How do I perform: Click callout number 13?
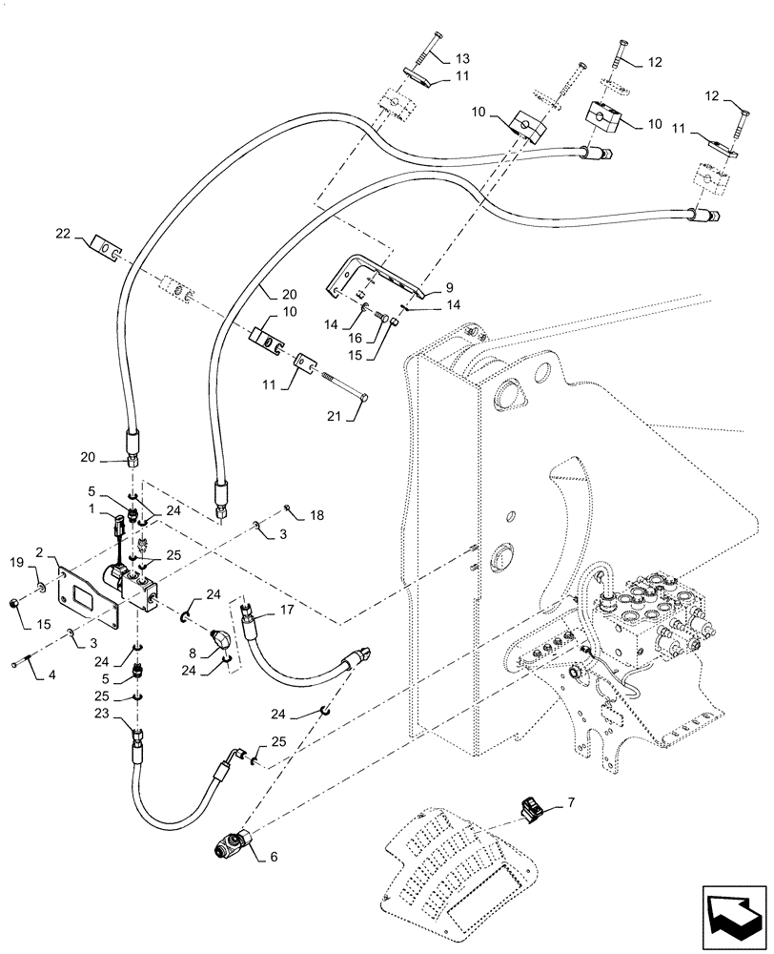462,59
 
